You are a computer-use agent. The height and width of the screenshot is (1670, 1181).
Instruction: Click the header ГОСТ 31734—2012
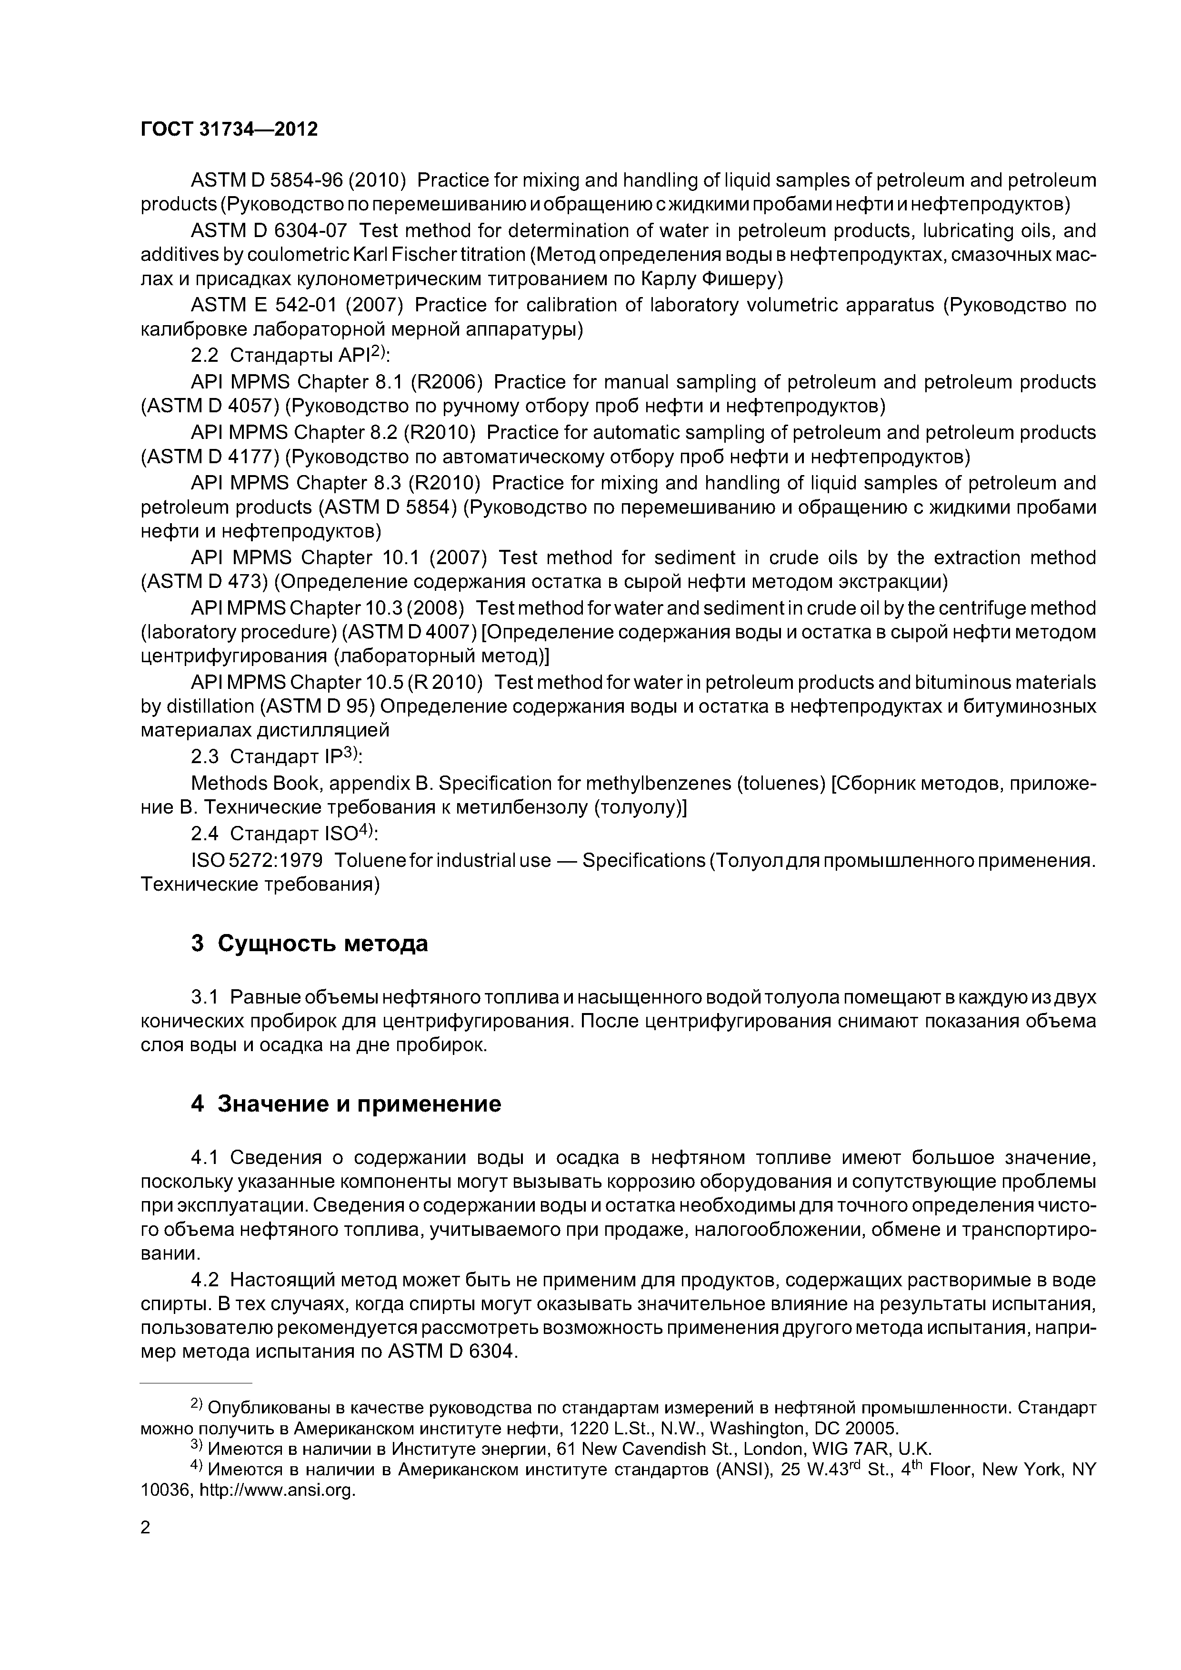coord(229,129)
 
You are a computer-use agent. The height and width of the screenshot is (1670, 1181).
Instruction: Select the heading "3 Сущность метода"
coord(309,944)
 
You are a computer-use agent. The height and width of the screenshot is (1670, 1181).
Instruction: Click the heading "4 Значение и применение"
coord(346,1104)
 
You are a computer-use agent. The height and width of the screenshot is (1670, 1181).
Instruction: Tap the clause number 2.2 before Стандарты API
coord(204,356)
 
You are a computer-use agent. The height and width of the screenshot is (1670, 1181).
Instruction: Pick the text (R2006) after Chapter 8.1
coord(447,382)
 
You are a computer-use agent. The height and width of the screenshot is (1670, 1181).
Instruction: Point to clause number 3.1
coord(204,996)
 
